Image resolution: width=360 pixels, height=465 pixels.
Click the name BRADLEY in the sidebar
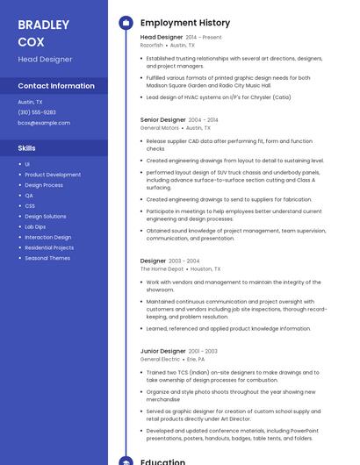(x=43, y=25)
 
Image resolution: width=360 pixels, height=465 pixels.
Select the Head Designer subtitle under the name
(x=45, y=59)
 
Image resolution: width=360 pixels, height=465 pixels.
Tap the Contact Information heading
(x=56, y=86)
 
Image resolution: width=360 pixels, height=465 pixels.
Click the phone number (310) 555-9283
(x=37, y=112)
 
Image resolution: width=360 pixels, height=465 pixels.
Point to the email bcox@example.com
(x=44, y=123)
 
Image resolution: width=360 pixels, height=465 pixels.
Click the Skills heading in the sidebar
(x=27, y=148)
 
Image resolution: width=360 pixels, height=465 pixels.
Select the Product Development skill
(x=53, y=175)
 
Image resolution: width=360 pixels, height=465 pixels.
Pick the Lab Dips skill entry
(x=35, y=226)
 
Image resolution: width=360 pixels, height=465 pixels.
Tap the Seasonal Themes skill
(x=47, y=258)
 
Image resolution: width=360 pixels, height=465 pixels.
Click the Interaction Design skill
(x=48, y=237)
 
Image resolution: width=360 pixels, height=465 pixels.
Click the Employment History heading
(x=185, y=23)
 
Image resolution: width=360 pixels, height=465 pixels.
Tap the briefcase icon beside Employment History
(x=126, y=23)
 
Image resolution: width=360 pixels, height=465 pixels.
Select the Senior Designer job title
(x=163, y=119)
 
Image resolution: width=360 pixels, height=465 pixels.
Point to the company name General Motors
(x=159, y=127)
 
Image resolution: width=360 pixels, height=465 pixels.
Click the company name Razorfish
(x=152, y=45)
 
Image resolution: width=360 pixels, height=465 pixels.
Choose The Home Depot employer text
(x=162, y=268)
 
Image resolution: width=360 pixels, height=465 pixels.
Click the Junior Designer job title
(x=162, y=351)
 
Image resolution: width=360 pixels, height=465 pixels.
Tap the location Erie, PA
(x=195, y=359)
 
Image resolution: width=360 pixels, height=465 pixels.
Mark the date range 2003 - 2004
(x=184, y=261)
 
